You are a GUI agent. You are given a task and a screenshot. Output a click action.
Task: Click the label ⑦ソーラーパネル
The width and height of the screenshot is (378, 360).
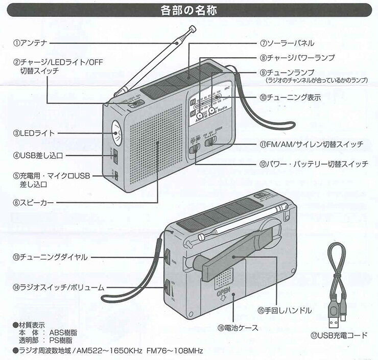point(287,43)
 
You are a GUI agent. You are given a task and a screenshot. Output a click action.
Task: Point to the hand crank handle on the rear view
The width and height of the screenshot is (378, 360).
point(225,260)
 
